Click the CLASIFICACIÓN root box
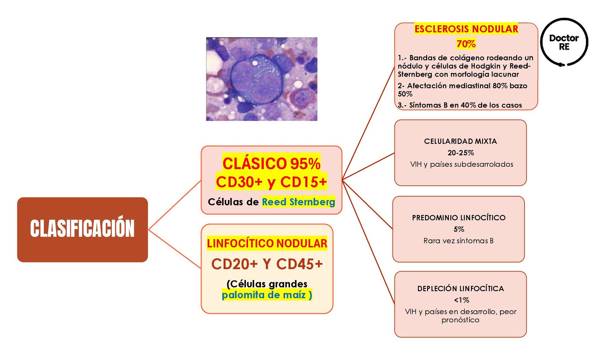pyautogui.click(x=82, y=229)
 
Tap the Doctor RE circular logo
pyautogui.click(x=564, y=42)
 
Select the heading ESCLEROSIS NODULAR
pyautogui.click(x=466, y=29)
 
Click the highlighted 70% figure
pyautogui.click(x=466, y=44)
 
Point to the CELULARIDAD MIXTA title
pyautogui.click(x=460, y=141)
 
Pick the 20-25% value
pyautogui.click(x=461, y=153)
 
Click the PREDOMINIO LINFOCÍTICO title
pyautogui.click(x=459, y=218)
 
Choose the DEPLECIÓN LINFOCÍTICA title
pyautogui.click(x=461, y=289)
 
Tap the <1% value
pyautogui.click(x=461, y=300)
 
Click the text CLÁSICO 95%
pyautogui.click(x=271, y=164)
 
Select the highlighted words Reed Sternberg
pyautogui.click(x=298, y=202)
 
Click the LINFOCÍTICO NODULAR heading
pyautogui.click(x=267, y=243)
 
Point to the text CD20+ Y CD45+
pyautogui.click(x=267, y=264)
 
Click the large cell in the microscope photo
pyautogui.click(x=256, y=79)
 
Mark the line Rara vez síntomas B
pyautogui.click(x=458, y=241)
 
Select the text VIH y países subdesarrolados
pyautogui.click(x=461, y=164)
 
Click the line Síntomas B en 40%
pyautogui.click(x=460, y=105)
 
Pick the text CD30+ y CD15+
pyautogui.click(x=271, y=182)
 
